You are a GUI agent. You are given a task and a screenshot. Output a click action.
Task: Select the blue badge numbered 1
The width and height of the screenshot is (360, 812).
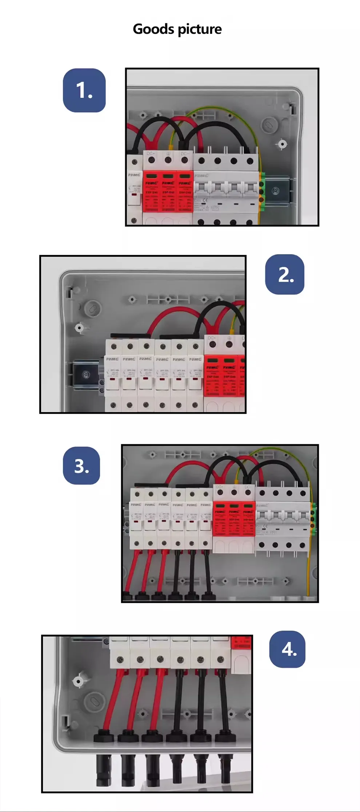[84, 90]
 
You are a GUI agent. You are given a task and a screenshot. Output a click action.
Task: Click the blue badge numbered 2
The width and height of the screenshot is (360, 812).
[285, 274]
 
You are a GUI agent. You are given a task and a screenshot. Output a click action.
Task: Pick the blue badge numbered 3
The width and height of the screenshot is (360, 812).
[81, 466]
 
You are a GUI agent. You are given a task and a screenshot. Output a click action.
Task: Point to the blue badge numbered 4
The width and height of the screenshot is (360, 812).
[288, 649]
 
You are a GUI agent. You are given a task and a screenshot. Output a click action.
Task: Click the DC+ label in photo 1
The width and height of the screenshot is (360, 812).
[151, 154]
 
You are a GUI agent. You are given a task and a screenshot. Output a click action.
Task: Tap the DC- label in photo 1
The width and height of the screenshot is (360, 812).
[184, 154]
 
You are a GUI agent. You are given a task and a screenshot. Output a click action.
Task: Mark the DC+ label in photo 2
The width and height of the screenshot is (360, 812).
[212, 338]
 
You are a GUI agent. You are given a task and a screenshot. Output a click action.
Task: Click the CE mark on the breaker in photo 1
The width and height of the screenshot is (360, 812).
[205, 199]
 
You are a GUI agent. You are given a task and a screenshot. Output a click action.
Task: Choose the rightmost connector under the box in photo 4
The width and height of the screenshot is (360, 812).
[223, 768]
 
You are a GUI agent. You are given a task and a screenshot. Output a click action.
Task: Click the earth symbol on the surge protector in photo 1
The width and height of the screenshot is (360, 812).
[168, 154]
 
